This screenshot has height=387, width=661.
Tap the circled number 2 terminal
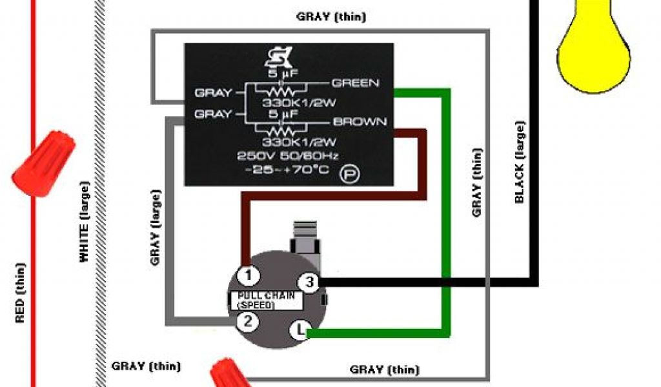pyautogui.click(x=246, y=321)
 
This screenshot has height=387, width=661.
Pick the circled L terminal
pyautogui.click(x=300, y=331)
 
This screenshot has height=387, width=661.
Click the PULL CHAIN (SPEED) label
pyautogui.click(x=266, y=299)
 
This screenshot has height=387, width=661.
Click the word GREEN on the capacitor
pyautogui.click(x=355, y=83)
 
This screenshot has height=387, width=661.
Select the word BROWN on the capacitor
pyautogui.click(x=360, y=121)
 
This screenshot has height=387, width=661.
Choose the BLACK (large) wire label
pyautogui.click(x=520, y=163)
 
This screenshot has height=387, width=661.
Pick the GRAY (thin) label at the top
pyautogui.click(x=331, y=17)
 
